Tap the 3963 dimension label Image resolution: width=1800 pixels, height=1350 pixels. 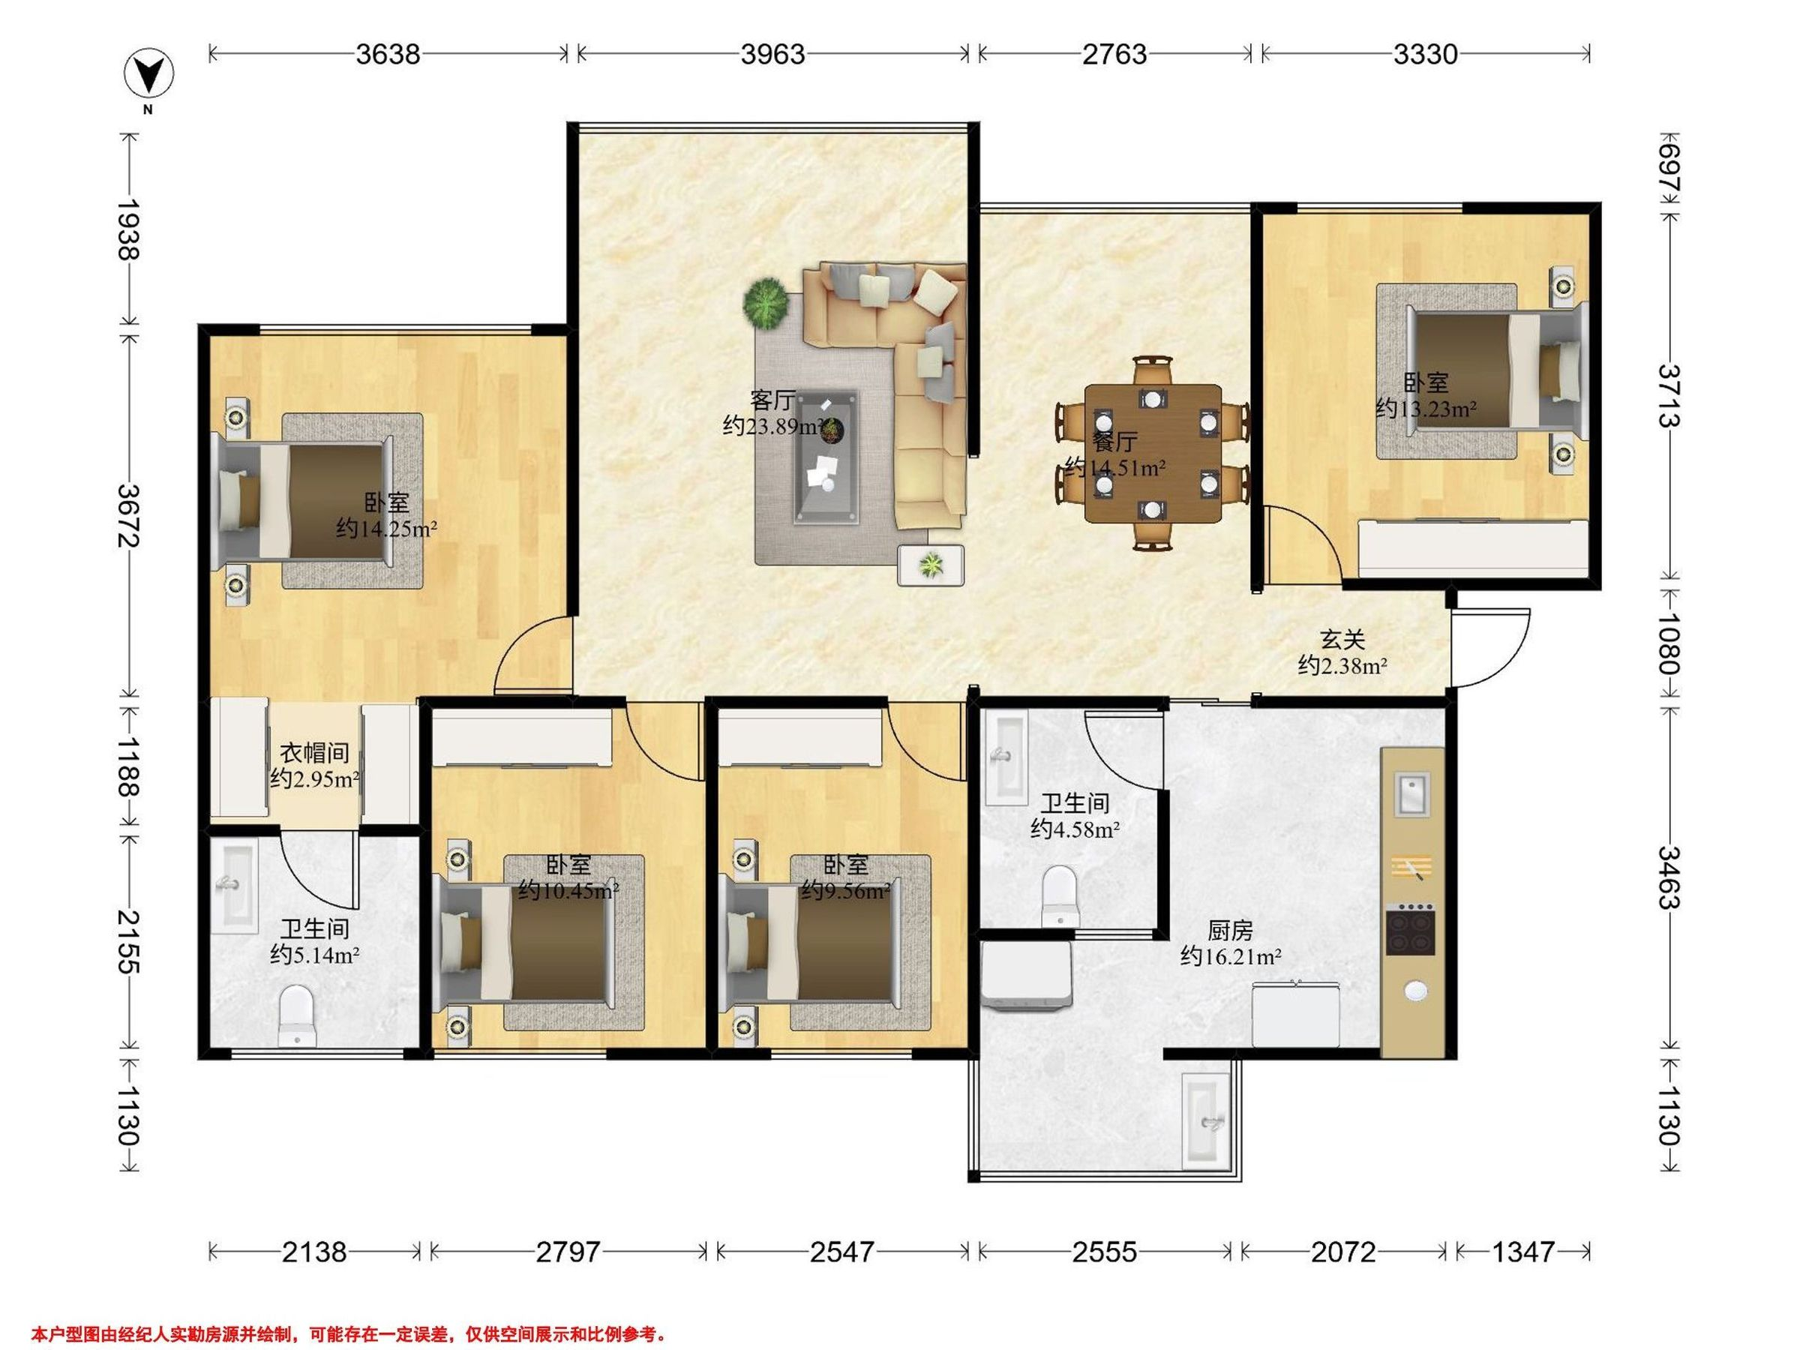772,55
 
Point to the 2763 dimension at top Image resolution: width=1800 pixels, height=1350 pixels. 1114,55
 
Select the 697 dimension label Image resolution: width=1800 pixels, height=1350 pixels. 1669,169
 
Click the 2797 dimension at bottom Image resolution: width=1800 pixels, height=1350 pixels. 568,1252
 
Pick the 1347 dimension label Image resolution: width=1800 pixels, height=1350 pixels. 1522,1252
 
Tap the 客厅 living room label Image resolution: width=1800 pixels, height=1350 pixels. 772,400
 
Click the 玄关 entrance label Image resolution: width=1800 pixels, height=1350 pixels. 1342,640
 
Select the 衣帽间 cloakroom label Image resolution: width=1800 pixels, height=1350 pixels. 315,753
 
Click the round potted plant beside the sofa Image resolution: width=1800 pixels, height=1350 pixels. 766,304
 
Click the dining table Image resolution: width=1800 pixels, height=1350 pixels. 1153,453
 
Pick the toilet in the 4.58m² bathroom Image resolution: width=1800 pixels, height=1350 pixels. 1059,895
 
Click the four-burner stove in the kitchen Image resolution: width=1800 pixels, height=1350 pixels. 1410,930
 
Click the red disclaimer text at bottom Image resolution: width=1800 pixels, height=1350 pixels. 349,1334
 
